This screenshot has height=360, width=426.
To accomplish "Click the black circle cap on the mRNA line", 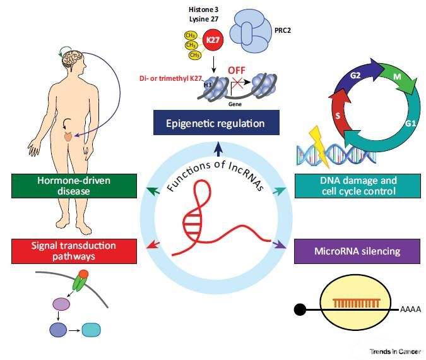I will [301, 309].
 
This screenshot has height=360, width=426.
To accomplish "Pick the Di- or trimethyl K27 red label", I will [175, 78].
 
